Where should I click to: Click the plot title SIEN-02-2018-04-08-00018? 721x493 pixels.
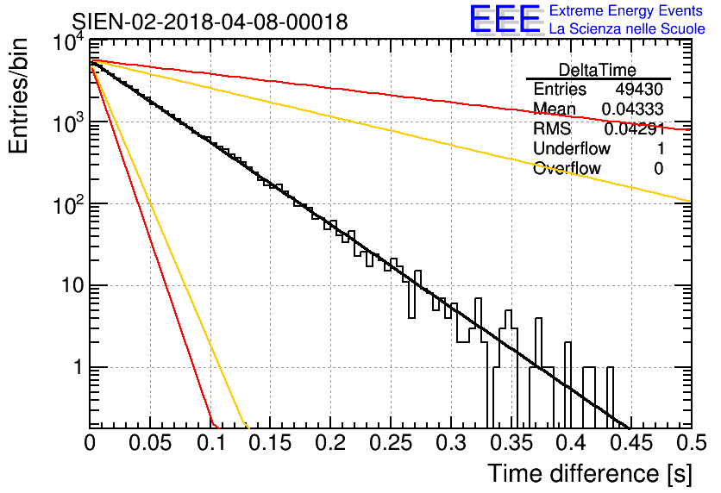pos(210,22)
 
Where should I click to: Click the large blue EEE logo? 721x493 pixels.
pos(505,19)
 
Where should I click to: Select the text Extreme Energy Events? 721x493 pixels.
pos(626,10)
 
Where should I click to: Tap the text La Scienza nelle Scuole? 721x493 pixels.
pos(627,28)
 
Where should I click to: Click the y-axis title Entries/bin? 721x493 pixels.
pos(18,96)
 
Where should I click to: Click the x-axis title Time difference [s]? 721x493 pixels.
pos(590,473)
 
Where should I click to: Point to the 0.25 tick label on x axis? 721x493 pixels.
pos(390,443)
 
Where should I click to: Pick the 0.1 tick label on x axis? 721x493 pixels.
pos(211,443)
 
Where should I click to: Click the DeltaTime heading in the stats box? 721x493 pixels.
pos(598,70)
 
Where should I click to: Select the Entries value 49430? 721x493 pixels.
pos(639,89)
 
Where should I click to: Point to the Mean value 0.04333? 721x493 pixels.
pos(632,109)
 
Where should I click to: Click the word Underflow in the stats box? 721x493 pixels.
pos(572,148)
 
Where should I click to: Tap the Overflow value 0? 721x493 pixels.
pos(658,169)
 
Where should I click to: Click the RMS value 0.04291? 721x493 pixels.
pos(635,128)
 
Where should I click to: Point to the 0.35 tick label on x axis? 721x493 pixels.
pos(511,443)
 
